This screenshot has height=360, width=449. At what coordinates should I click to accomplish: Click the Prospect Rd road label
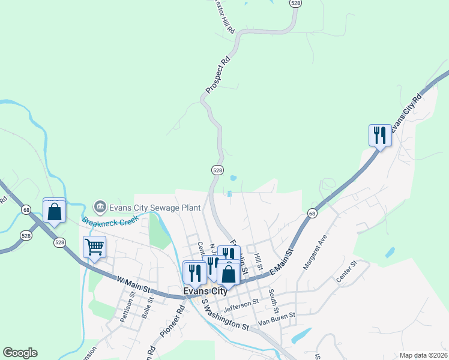(x=218, y=74)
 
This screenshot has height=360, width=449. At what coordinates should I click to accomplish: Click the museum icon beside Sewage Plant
(x=100, y=207)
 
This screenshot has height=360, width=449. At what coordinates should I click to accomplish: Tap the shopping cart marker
(x=95, y=247)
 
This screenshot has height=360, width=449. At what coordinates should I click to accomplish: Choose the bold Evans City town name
(x=205, y=291)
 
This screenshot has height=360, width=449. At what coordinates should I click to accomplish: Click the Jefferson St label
(x=241, y=305)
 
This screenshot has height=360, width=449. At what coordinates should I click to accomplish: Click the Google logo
(x=20, y=353)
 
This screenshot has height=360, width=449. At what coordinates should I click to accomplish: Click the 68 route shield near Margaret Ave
(x=312, y=213)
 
